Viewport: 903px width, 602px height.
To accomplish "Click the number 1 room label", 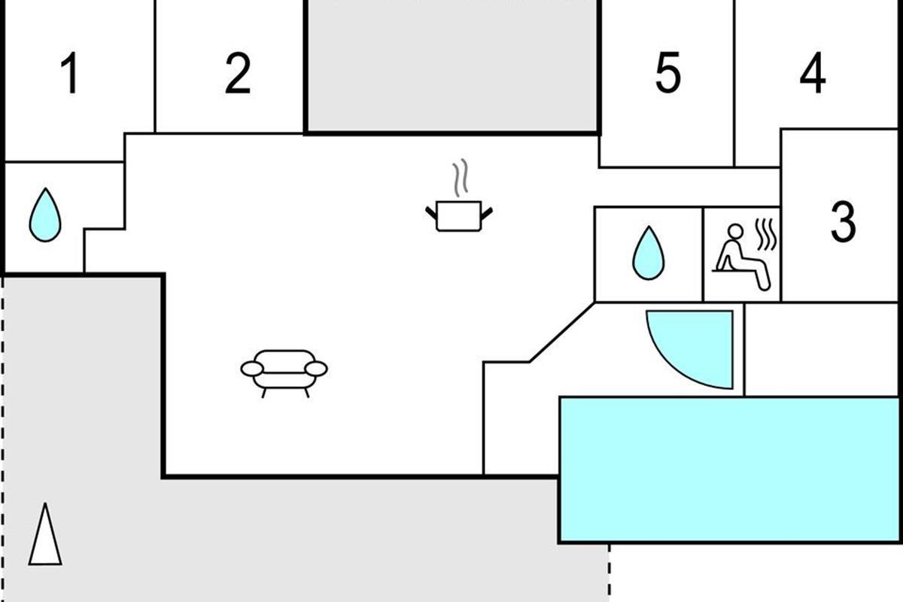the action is coord(71,73).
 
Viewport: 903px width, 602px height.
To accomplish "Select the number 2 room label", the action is coord(238,73).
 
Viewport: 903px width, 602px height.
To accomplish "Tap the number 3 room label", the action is coord(843,222).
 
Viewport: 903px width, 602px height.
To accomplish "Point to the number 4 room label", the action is coord(813,73).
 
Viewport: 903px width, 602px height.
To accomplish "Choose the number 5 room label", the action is coord(668,73).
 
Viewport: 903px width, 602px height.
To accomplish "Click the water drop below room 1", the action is coord(45,215).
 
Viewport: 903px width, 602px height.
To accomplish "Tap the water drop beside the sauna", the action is coord(648,253).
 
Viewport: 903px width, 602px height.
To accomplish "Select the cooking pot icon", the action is coord(459,216).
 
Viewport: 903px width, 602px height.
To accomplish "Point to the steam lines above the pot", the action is coord(461,178).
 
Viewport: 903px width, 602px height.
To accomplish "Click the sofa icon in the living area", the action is coord(284,373).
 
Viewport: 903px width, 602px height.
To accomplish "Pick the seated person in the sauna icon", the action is coord(742,257).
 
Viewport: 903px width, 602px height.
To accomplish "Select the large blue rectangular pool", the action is coord(730,470).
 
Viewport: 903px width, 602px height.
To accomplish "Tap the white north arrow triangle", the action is coord(45,534).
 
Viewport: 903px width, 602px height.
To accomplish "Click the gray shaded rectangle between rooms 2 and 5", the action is coord(452,65).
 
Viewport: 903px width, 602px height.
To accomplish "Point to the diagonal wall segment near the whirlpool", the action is coord(562,333).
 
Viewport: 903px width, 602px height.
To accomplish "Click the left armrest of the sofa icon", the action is coord(252,369).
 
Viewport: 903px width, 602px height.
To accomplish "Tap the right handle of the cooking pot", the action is coord(487,213).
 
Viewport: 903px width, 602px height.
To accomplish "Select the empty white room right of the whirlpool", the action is coord(821,350).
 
